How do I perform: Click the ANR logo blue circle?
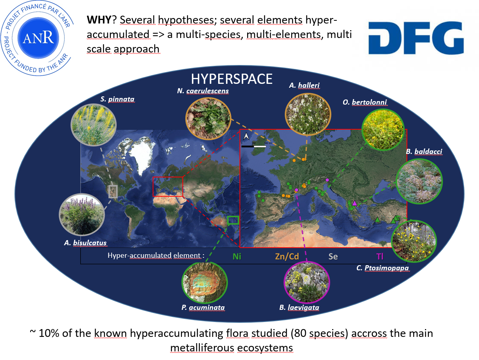(38, 38)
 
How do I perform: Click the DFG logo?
(416, 38)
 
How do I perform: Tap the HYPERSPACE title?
(231, 79)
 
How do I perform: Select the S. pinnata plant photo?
(94, 125)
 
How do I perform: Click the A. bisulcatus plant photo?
(82, 215)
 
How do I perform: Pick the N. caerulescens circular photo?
(208, 118)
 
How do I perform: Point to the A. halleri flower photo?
(308, 114)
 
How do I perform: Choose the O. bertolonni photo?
(383, 130)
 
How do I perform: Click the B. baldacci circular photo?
(419, 181)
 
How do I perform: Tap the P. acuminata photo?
(205, 283)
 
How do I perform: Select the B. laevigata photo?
(307, 282)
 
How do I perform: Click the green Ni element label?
(237, 257)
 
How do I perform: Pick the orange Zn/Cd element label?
(287, 257)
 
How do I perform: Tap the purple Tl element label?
(380, 257)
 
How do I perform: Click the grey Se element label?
(333, 257)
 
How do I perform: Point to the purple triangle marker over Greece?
(354, 203)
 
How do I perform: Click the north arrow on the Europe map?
(246, 136)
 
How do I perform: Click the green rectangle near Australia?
(233, 220)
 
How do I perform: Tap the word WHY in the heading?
(99, 20)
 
